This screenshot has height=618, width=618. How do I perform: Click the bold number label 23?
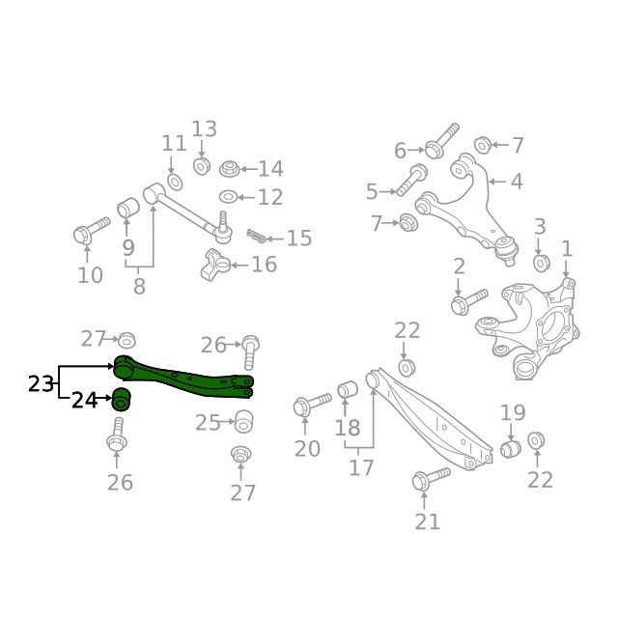tap(41, 384)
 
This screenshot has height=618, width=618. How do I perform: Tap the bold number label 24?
tap(85, 400)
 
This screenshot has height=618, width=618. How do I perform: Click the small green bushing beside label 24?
tap(122, 397)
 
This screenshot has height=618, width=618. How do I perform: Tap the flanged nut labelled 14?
tap(230, 170)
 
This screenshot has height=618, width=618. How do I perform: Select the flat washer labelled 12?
tap(228, 197)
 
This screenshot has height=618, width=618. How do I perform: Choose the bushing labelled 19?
tap(512, 449)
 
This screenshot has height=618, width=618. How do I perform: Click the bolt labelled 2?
tap(468, 302)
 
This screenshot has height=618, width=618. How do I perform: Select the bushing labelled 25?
tap(243, 421)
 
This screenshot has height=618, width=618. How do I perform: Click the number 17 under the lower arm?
tap(361, 467)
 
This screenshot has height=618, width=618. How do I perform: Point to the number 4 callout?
tap(517, 182)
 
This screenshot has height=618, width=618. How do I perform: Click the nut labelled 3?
tap(541, 262)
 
